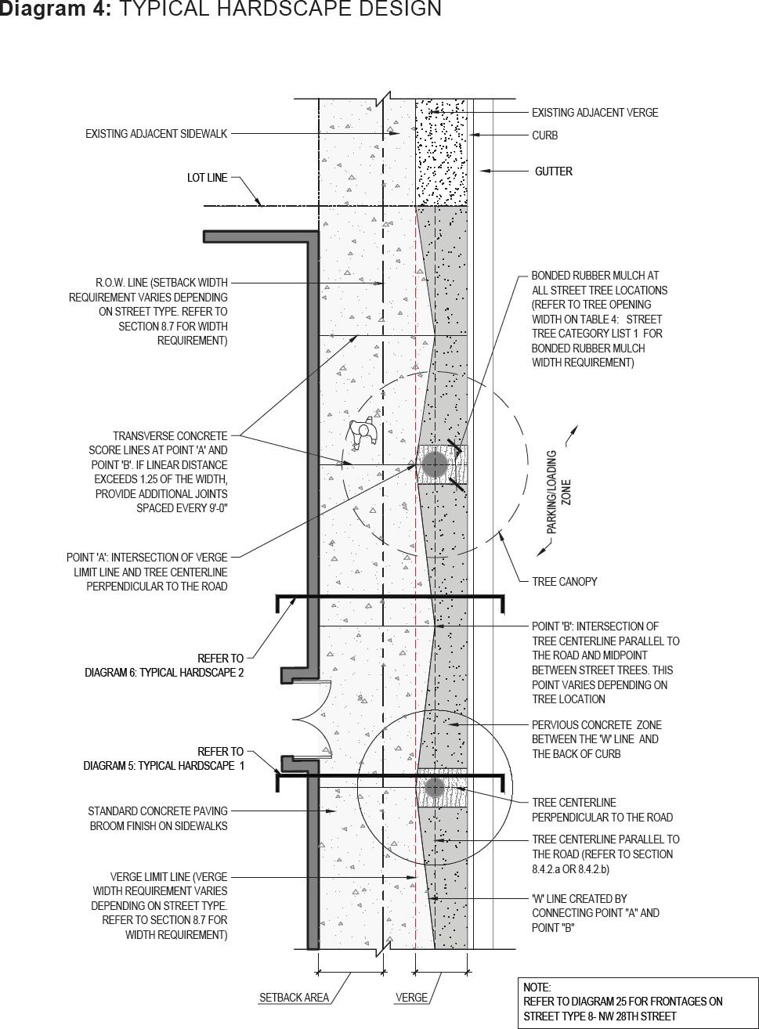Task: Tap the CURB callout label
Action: pos(544,135)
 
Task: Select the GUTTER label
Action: pos(553,171)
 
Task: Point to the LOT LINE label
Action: pos(207,178)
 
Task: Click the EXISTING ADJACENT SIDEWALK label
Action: pos(156,134)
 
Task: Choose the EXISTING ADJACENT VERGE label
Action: pos(595,113)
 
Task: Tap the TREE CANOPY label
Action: pos(564,582)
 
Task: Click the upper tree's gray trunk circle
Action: pos(435,465)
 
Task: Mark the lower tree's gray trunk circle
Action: pos(434,787)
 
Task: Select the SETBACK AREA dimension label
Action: pos(294,998)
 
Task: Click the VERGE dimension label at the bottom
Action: pos(411,998)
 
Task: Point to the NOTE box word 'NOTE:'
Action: pos(537,987)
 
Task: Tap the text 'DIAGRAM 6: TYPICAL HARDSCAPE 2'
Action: pos(164,673)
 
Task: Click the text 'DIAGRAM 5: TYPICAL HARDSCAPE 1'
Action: pos(164,766)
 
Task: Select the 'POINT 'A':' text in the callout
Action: pos(93,558)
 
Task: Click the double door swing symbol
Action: pos(313,719)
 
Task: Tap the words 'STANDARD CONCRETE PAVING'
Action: pos(157,811)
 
